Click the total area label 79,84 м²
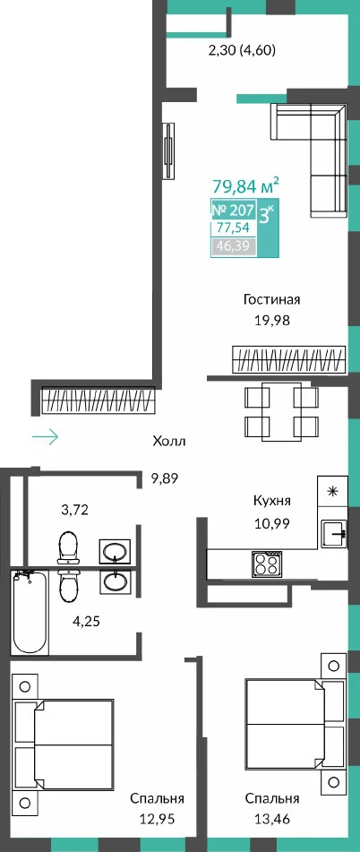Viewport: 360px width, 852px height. tap(246, 186)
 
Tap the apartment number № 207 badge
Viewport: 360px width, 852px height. tap(233, 210)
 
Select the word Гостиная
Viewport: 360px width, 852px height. tap(272, 299)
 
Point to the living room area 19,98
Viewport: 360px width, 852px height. tap(272, 321)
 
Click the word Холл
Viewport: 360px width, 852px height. tap(169, 441)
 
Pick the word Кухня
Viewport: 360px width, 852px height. tap(272, 501)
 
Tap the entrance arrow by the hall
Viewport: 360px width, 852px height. tap(45, 436)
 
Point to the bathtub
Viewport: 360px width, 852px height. tap(30, 611)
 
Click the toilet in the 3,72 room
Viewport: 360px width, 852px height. tap(68, 546)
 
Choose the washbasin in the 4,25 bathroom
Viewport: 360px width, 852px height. tap(115, 582)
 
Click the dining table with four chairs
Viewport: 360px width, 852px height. tap(281, 408)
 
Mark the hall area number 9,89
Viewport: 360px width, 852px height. tap(164, 478)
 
